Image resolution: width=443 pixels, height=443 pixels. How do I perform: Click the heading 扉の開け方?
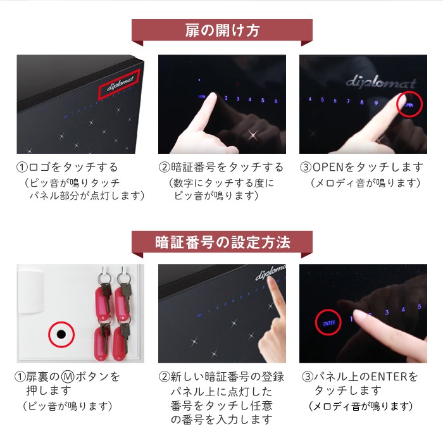pos(222,30)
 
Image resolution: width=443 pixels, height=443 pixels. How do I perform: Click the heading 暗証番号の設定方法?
pos(222,242)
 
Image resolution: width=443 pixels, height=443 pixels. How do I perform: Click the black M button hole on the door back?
pos(61,335)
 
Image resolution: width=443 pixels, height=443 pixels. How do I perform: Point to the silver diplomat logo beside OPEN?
pos(381,82)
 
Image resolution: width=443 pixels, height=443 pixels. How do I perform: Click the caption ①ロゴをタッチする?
pos(67,167)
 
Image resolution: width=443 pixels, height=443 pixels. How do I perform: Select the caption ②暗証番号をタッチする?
pos(221,167)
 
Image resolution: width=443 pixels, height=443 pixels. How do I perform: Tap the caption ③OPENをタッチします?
pos(361,167)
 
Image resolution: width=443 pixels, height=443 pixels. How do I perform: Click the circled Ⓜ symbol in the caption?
pos(68,377)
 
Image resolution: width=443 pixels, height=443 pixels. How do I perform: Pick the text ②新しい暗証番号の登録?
pos(221,377)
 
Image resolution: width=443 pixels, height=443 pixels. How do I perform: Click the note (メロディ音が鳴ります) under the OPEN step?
pos(366,183)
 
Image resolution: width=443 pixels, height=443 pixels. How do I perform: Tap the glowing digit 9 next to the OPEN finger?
pos(376,103)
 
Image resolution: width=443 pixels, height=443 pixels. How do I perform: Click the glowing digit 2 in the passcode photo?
pos(226,98)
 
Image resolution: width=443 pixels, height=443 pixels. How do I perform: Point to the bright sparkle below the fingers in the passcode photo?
pos(253,135)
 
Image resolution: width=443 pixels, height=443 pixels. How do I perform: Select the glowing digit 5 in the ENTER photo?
pos(420,306)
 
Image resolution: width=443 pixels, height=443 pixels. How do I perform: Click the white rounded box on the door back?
pos(31,291)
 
